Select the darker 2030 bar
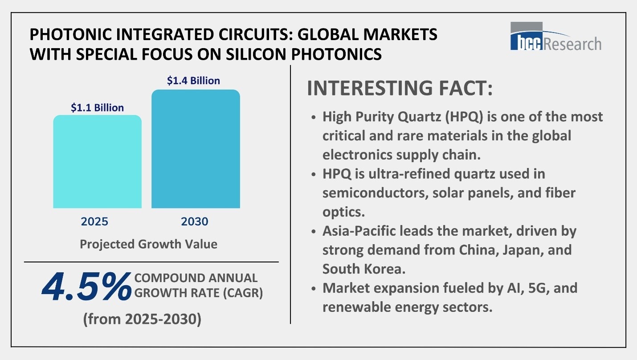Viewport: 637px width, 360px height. (x=196, y=149)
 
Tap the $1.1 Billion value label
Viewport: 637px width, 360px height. (x=97, y=107)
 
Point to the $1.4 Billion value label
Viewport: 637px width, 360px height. (x=193, y=81)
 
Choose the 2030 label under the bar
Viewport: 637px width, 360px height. (x=195, y=221)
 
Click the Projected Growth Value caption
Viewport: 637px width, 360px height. (x=148, y=244)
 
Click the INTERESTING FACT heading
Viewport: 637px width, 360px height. (x=400, y=88)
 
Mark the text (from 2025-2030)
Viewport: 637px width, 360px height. (x=142, y=319)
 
